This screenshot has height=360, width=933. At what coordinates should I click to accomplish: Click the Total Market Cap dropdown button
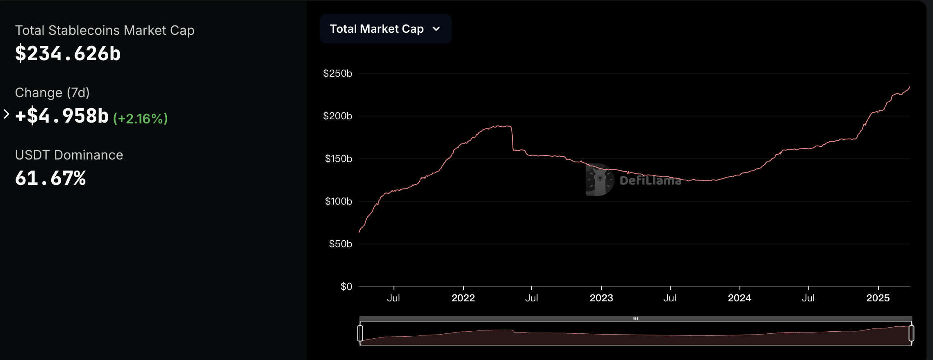[x=385, y=29]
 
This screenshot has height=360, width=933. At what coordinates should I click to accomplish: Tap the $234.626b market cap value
[x=68, y=54]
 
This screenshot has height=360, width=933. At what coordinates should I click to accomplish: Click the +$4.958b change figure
[x=62, y=116]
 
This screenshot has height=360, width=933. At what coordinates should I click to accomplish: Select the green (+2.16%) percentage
[x=141, y=118]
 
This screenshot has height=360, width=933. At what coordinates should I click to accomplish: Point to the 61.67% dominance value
[x=50, y=178]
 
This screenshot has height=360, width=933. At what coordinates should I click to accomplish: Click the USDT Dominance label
[x=69, y=155]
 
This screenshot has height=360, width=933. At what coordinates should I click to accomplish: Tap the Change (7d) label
[x=52, y=93]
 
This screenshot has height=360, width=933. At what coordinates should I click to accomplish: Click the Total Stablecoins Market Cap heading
[x=105, y=30]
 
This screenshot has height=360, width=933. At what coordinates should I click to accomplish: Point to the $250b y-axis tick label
[x=337, y=73]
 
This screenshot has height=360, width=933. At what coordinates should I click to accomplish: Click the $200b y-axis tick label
[x=337, y=116]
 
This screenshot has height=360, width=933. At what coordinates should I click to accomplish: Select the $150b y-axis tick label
[x=338, y=159]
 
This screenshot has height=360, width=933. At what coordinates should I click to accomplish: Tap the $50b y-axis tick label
[x=340, y=244]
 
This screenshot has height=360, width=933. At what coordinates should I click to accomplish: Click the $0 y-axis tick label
[x=346, y=287]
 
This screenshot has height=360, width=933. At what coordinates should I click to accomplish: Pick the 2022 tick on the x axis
[x=463, y=298]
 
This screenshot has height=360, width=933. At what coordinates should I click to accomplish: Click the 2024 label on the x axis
[x=740, y=298]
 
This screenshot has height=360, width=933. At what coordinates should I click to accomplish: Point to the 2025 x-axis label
[x=878, y=298]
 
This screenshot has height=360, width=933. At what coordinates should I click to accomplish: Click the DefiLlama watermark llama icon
[x=600, y=180]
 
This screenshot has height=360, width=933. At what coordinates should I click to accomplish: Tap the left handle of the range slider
[x=360, y=333]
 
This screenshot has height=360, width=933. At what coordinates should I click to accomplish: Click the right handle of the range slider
[x=911, y=333]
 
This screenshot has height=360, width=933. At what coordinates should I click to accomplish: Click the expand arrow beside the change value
[x=6, y=114]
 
